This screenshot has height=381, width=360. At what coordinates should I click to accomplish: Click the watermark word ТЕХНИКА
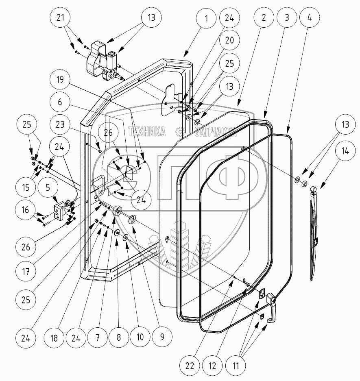(x=147, y=131)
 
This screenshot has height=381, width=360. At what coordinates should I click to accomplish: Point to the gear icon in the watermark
(x=179, y=131)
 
